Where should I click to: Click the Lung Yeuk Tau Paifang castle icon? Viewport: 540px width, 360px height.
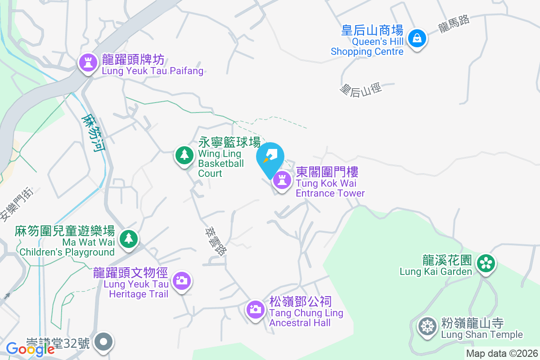[x=88, y=63]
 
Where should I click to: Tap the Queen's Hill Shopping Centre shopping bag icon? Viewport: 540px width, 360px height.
[x=417, y=38]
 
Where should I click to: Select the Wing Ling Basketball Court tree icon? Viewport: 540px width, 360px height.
[x=184, y=155]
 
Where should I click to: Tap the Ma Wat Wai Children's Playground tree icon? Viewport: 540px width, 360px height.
[x=129, y=238]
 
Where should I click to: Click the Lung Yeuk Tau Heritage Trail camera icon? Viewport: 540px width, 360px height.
[x=182, y=281]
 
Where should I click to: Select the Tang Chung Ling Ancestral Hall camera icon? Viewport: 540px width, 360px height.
[x=255, y=309]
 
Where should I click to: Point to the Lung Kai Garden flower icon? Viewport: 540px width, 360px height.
[x=486, y=263]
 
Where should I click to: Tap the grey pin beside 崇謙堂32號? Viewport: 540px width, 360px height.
[x=104, y=342]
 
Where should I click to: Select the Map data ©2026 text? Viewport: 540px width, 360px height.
[x=501, y=354]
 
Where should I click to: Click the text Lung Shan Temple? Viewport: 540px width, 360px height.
[x=482, y=334]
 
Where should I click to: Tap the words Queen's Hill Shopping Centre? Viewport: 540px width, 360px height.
[x=367, y=46]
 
